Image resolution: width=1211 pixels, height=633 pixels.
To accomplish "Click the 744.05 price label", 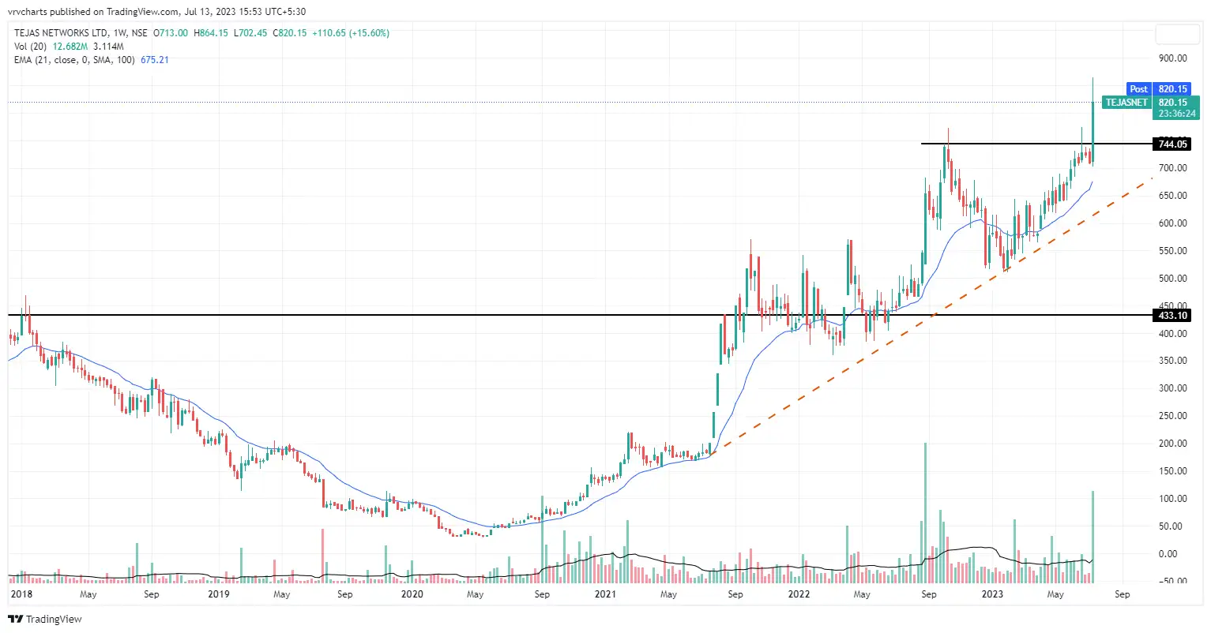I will pos(1172,144).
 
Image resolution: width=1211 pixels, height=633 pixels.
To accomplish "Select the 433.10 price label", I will pos(1172,316).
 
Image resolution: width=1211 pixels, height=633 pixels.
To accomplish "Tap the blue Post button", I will pos(1138,89).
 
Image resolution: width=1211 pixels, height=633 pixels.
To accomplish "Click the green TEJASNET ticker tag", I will pos(1126,103).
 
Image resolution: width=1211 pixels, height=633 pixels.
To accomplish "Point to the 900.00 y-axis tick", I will pos(1172,58).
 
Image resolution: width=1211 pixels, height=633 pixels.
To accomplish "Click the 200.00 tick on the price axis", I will pos(1172,444).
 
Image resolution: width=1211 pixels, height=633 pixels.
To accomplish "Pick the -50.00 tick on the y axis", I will pos(1172,582).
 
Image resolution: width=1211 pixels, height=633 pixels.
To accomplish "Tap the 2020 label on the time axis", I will pos(412,594).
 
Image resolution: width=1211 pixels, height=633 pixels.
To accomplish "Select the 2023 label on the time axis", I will pos(992,594).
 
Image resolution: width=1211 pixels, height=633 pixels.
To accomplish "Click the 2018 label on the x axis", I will pos(22,594).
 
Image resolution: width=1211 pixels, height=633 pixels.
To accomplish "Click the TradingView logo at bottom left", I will pos(45,620).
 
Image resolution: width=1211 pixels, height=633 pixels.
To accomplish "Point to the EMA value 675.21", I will pos(155,60).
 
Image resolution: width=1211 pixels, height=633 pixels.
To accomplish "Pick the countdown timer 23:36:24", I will pos(1177,114).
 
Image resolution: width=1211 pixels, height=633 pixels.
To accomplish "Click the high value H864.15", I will pos(211,33).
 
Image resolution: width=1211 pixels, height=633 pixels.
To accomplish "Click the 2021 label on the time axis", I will pos(605,594).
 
